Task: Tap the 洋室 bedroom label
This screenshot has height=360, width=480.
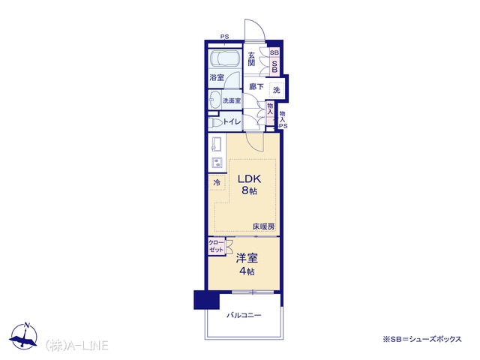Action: coord(247,258)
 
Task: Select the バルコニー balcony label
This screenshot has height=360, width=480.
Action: coord(244,315)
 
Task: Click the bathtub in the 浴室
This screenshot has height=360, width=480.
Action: coord(224,58)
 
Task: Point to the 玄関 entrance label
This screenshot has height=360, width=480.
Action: coord(251,59)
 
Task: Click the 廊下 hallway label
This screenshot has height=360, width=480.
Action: coord(256,87)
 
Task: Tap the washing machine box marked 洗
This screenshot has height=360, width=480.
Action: coord(277,90)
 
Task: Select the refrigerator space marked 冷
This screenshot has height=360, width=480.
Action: coord(217,182)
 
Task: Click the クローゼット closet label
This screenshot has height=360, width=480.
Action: coord(216,246)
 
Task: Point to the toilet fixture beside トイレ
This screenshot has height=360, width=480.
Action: coord(215,123)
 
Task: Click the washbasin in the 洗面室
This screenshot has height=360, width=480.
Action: coord(214,100)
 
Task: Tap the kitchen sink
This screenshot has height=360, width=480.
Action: coord(216,144)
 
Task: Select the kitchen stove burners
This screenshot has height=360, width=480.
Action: coord(217,162)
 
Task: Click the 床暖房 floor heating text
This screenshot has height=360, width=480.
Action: coord(263,226)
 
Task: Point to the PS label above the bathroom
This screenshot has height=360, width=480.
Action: coord(225,37)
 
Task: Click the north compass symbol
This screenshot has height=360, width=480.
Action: coord(24,336)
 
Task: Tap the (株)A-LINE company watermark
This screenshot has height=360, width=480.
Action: coord(76,346)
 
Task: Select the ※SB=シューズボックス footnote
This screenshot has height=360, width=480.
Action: coord(422,339)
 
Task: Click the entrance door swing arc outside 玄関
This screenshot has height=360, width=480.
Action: coord(258,26)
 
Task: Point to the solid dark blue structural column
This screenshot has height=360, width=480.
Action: coord(207,300)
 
